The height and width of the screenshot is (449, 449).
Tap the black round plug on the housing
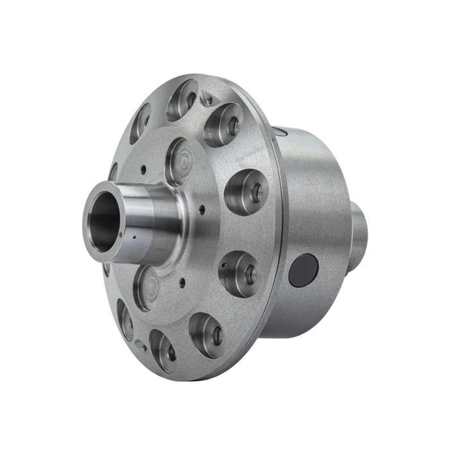303,270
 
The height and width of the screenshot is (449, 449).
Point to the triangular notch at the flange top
207,98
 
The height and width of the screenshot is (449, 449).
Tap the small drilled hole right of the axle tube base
201,208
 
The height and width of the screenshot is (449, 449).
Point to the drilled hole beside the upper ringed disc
143,169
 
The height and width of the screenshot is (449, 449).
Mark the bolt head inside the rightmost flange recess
255,192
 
